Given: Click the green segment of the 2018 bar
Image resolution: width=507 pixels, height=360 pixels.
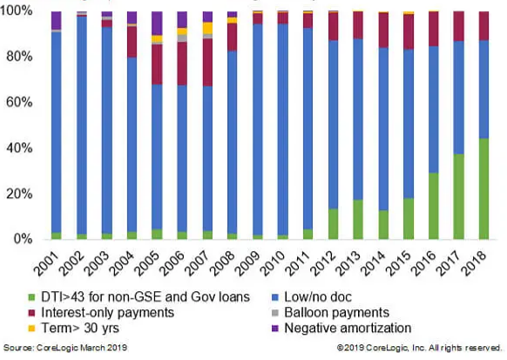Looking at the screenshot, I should (x=483, y=189).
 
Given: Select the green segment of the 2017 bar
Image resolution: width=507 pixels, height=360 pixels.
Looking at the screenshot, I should (x=458, y=197).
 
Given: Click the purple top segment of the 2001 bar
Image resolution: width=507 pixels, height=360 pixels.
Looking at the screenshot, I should (x=56, y=20).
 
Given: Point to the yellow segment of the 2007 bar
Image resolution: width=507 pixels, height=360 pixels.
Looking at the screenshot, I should (x=207, y=28).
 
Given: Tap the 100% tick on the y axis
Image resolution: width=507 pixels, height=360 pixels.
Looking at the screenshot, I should (x=17, y=11).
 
